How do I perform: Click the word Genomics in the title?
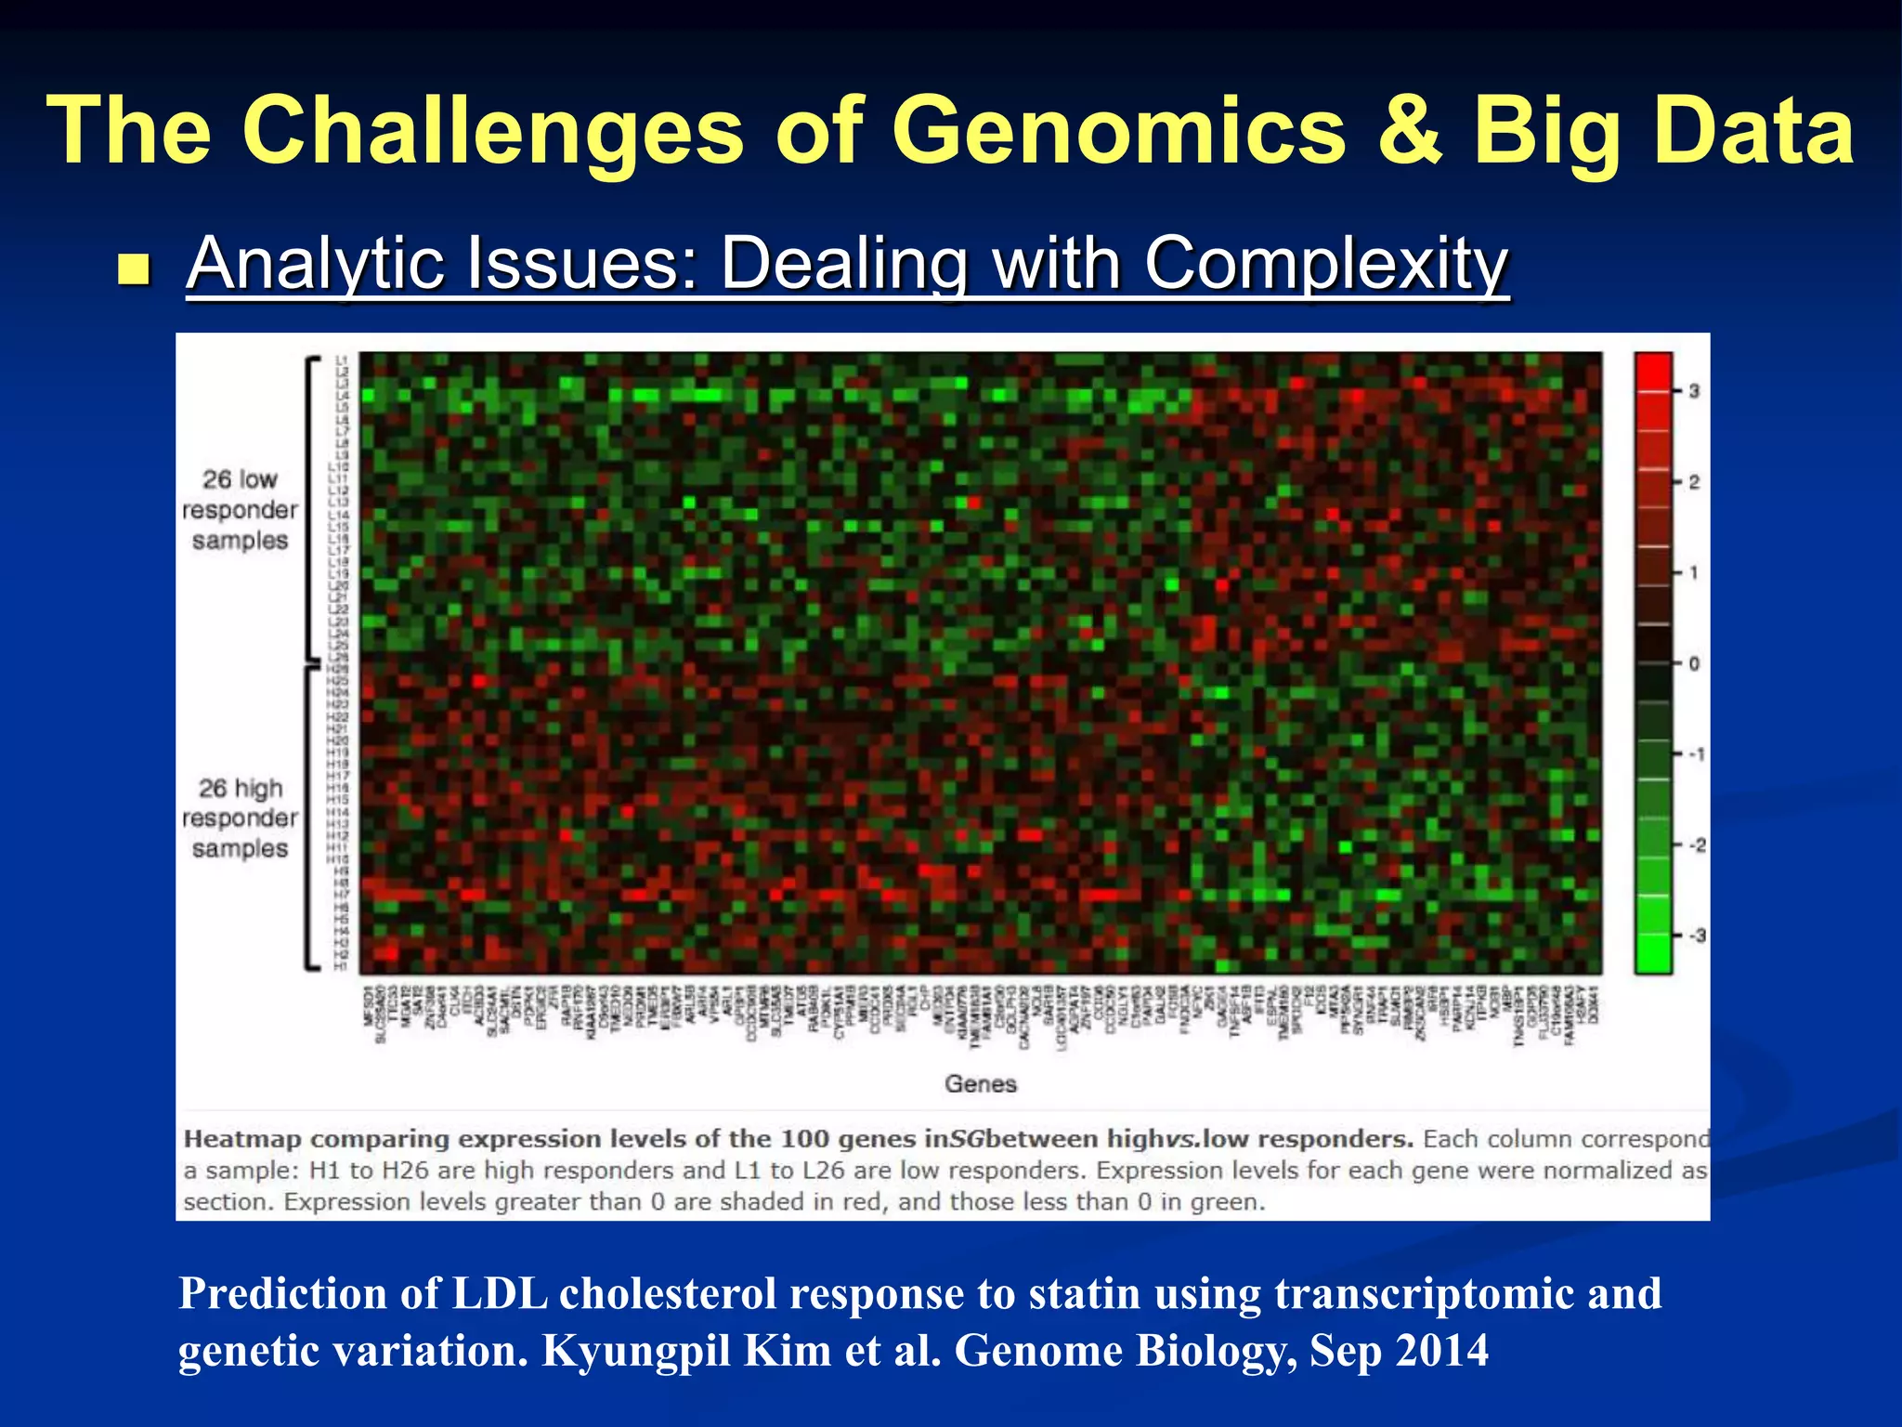pos(1118,132)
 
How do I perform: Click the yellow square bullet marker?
pos(135,270)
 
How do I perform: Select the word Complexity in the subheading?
pos(1326,264)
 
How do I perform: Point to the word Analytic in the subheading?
pos(316,264)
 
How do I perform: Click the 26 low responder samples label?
pos(240,510)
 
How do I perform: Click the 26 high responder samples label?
pos(240,818)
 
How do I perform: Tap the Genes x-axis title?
pos(981,1083)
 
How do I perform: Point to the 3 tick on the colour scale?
pos(1694,391)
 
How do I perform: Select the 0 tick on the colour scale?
pos(1694,663)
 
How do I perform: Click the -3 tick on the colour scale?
pos(1696,936)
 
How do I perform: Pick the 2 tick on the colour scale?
pos(1694,482)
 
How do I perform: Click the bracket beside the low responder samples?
pos(312,509)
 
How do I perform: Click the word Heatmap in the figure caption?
pos(242,1139)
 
